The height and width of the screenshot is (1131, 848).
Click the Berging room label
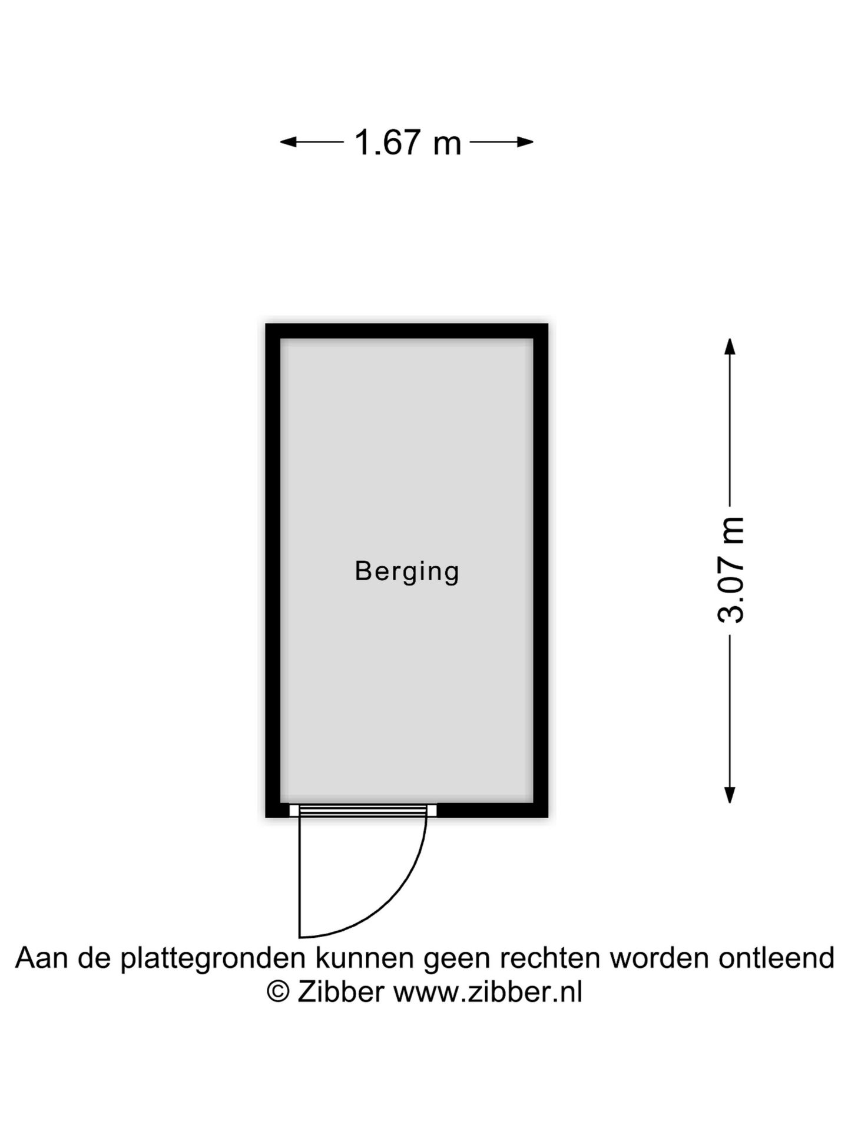tap(407, 571)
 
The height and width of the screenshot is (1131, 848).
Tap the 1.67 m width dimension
tap(408, 143)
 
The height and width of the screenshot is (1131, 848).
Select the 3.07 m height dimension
tap(731, 570)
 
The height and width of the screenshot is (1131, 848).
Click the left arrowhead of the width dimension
tap(288, 142)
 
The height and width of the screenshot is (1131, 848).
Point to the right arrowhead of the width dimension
tap(525, 142)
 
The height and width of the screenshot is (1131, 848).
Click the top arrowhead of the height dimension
tap(730, 346)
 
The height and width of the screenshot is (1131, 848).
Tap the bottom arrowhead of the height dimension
tap(730, 795)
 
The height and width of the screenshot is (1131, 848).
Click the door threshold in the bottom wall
tap(363, 811)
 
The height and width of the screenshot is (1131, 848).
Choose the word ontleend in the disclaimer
tap(776, 958)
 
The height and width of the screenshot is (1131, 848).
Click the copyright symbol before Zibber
tap(278, 992)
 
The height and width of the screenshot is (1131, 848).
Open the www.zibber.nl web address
tap(488, 992)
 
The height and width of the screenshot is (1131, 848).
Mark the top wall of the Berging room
tap(407, 331)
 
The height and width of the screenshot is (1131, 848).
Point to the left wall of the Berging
tap(273, 570)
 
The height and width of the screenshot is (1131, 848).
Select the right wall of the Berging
tap(541, 570)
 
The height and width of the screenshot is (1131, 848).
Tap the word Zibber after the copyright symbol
tap(341, 992)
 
